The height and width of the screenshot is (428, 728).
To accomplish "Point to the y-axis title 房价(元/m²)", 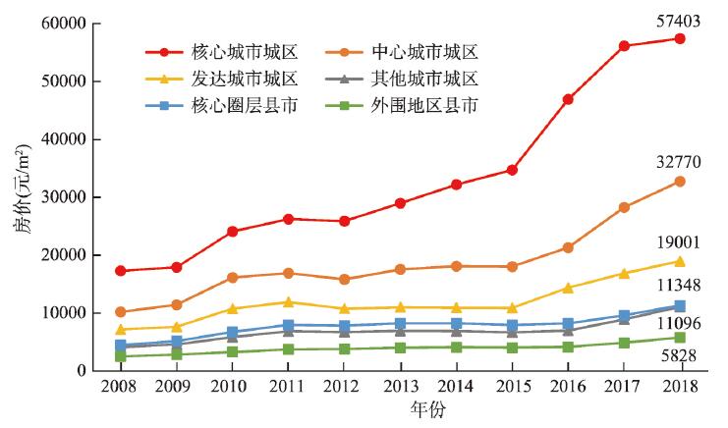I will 22,197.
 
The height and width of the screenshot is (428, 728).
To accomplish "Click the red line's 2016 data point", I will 568,99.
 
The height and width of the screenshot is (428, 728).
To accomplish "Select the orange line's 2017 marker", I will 624,207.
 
